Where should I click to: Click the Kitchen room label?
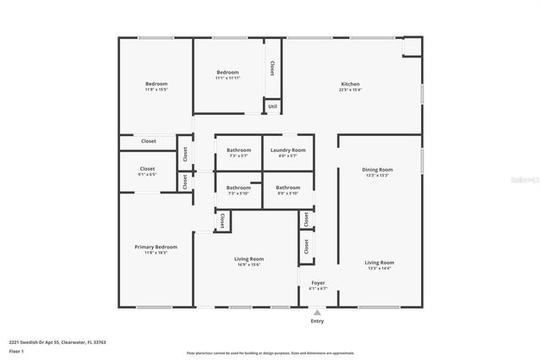pos(351,85)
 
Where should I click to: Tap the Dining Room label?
pos(377,170)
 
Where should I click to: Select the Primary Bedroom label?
pos(156,247)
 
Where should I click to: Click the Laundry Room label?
pos(287,150)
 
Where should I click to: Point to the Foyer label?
pos(318,283)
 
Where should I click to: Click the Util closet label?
pos(272,106)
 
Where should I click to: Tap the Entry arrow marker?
pos(318,312)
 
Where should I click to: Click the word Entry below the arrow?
pos(318,321)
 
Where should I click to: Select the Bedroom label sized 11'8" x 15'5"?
pos(156,84)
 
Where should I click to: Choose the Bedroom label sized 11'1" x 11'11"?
pos(227,73)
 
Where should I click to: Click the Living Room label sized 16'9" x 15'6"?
pos(249,259)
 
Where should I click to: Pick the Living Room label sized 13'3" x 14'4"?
pos(380,263)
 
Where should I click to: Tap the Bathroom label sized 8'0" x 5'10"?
pos(287,188)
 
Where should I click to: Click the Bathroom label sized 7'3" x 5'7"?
pos(238,150)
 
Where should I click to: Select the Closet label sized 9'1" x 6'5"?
pos(148,169)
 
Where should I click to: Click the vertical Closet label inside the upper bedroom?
pos(271,67)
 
